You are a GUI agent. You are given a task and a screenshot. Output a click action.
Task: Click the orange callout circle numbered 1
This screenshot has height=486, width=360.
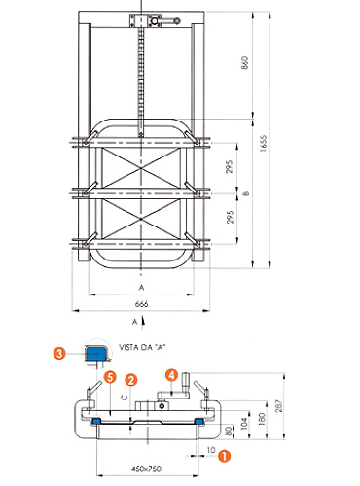click(224, 456)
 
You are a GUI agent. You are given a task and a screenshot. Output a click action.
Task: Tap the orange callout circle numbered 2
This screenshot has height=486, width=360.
click(131, 380)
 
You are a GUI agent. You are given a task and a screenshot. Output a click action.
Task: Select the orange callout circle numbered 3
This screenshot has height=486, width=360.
click(59, 353)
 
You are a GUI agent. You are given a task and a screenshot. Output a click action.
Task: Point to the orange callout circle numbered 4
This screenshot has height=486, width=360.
click(171, 375)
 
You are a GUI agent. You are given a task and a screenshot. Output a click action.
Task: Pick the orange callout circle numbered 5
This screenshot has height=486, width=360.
click(110, 377)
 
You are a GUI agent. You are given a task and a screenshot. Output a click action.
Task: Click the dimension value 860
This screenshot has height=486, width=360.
click(245, 62)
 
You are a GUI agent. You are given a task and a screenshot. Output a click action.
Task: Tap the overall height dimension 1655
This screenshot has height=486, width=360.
click(263, 143)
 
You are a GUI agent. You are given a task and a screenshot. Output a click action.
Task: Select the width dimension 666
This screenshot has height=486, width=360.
click(141, 304)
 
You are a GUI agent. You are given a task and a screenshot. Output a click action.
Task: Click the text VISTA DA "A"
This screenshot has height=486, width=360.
click(142, 347)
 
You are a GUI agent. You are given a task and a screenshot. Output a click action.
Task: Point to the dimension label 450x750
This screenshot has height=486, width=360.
click(146, 469)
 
